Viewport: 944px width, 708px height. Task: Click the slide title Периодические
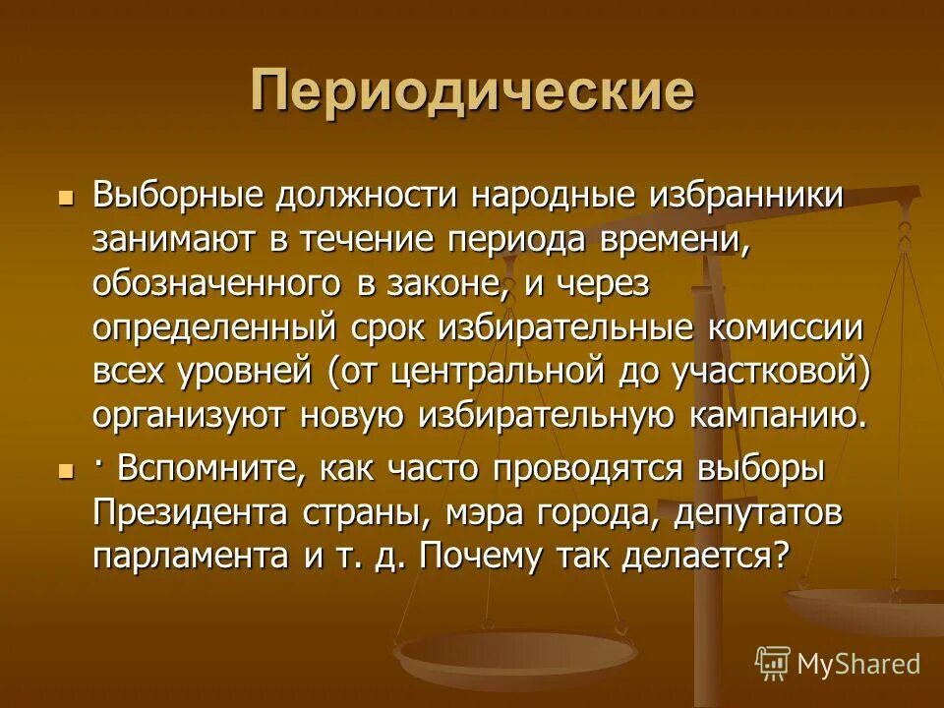[472, 90]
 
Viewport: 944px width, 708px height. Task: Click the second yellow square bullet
[66, 473]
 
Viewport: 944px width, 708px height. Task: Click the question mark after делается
[780, 557]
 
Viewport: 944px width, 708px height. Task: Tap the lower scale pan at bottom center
[515, 650]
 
